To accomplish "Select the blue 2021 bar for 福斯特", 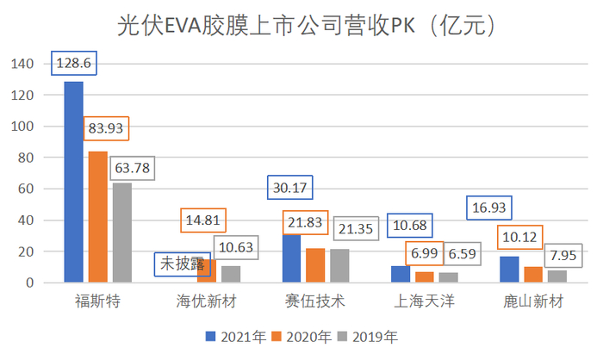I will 72,182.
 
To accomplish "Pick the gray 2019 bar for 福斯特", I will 121,233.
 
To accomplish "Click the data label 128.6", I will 72,65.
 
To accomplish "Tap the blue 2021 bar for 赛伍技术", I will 292,258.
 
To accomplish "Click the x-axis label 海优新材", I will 207,302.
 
